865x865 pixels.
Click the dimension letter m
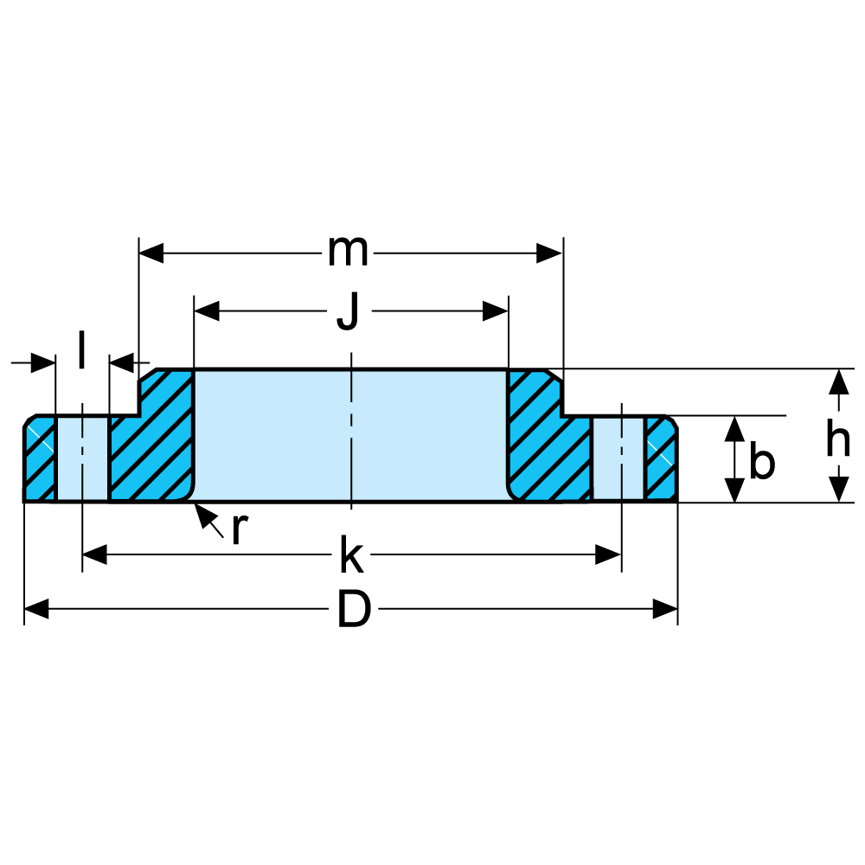point(348,253)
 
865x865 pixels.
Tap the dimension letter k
point(350,555)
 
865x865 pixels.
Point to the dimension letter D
point(354,611)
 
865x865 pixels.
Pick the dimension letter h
point(837,441)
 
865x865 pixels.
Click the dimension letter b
point(761,462)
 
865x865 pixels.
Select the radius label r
point(240,529)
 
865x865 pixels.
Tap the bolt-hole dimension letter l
point(81,350)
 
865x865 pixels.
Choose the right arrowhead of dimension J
point(496,311)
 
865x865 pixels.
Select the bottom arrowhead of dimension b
point(734,490)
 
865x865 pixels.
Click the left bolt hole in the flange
point(82,458)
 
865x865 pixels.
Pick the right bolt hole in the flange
point(618,458)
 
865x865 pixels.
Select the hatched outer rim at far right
point(661,458)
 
